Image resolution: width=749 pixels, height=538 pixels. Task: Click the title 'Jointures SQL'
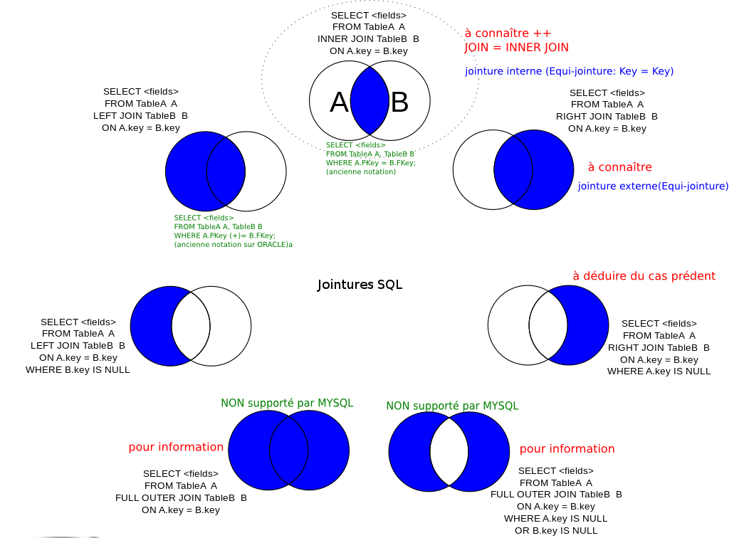click(360, 285)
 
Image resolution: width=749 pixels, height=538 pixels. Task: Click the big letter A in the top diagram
click(339, 103)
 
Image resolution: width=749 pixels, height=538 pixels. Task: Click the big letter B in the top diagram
click(400, 103)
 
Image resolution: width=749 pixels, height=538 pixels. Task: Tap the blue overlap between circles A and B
click(370, 100)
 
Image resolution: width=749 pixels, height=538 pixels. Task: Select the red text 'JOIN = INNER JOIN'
click(516, 48)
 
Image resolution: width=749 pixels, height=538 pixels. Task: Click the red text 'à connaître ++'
click(508, 33)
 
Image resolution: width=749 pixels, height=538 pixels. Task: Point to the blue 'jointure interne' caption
click(569, 71)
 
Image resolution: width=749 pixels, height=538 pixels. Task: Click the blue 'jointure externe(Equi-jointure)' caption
click(653, 186)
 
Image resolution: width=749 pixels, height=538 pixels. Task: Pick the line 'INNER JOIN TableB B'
click(368, 39)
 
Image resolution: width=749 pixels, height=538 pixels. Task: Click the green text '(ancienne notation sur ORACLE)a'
click(234, 244)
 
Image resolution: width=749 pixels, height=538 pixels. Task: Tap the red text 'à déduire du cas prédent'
click(644, 276)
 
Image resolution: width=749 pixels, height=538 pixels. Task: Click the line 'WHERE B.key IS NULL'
click(78, 370)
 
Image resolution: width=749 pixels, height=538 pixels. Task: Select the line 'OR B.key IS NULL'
click(556, 530)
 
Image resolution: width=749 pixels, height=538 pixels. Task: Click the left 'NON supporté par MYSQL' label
click(287, 403)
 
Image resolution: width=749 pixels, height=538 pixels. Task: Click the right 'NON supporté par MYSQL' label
click(452, 406)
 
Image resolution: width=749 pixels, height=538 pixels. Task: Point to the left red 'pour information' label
click(176, 447)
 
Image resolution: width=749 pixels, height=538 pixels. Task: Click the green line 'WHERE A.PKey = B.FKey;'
click(370, 163)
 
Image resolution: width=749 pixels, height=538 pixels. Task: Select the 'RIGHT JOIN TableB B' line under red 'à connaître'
click(607, 116)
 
